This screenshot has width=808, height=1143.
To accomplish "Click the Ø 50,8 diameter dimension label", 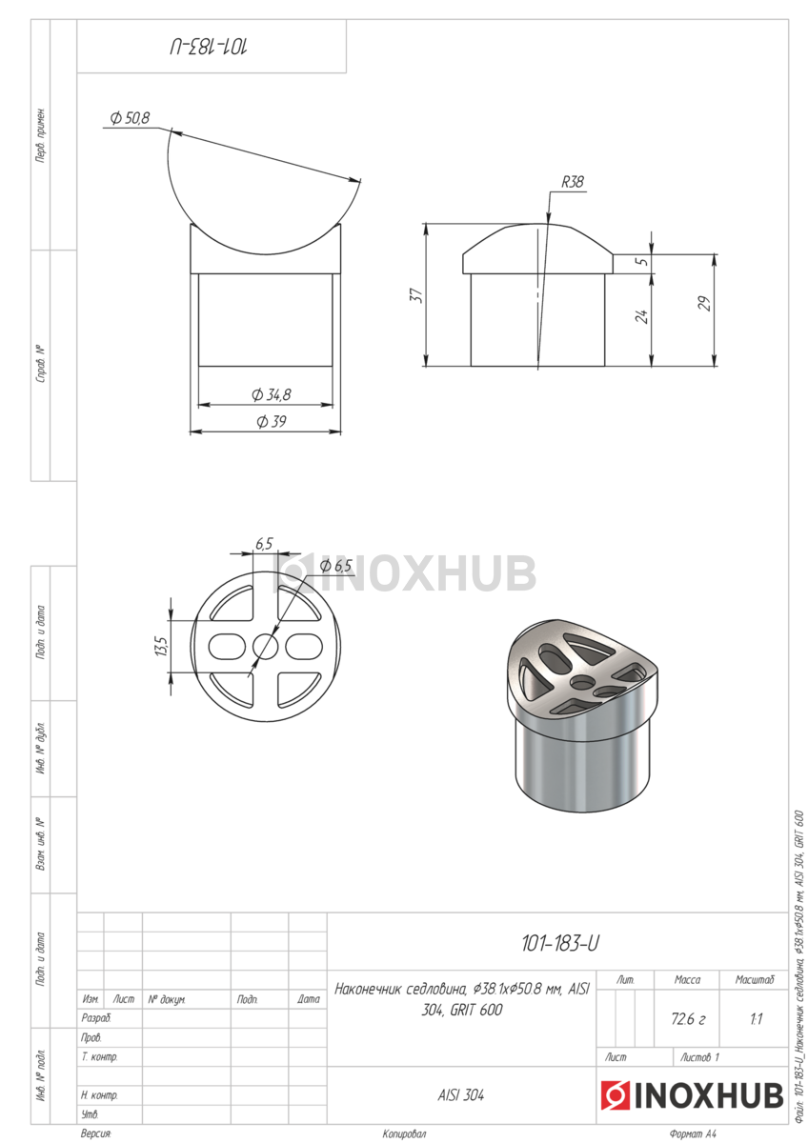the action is pyautogui.click(x=130, y=118).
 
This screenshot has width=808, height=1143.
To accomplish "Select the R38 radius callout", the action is pyautogui.click(x=573, y=182).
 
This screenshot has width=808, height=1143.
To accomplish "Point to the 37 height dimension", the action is pyautogui.click(x=417, y=295).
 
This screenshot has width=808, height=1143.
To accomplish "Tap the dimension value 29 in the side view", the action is pyautogui.click(x=704, y=304).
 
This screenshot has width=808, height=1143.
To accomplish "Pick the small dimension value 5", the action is pyautogui.click(x=644, y=260).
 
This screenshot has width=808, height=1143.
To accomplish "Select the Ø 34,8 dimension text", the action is pyautogui.click(x=271, y=394).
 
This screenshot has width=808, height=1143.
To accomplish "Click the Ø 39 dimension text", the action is pyautogui.click(x=271, y=421).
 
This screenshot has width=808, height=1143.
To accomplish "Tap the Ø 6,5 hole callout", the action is pyautogui.click(x=335, y=566).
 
